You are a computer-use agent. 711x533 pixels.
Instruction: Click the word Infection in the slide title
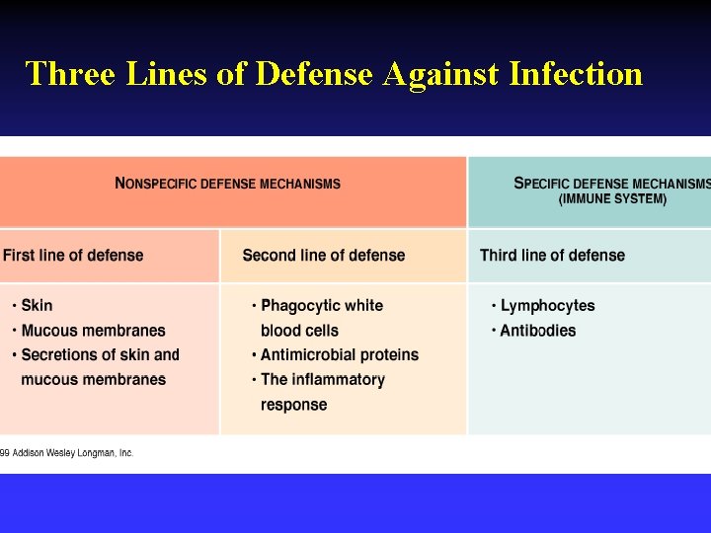pyautogui.click(x=576, y=73)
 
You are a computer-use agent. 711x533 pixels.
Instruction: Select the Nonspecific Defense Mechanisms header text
pyautogui.click(x=228, y=184)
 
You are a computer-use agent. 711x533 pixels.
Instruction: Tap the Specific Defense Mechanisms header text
pyautogui.click(x=611, y=184)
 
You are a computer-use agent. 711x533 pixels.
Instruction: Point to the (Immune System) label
pyautogui.click(x=612, y=199)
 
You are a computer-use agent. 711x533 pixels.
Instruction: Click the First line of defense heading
pyautogui.click(x=73, y=256)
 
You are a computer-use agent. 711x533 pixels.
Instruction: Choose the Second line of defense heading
pyautogui.click(x=324, y=256)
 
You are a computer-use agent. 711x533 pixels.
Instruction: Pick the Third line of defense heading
pyautogui.click(x=552, y=256)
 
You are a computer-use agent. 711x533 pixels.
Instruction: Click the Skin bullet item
pyautogui.click(x=37, y=306)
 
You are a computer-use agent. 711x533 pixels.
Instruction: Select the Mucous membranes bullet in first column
pyautogui.click(x=93, y=331)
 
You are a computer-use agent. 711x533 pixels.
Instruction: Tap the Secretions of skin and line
pyautogui.click(x=100, y=354)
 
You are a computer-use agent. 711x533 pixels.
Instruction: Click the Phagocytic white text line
pyautogui.click(x=321, y=306)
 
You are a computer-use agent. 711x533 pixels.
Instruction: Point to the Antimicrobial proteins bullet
pyautogui.click(x=339, y=354)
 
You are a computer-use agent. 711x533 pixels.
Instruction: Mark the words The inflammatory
pyautogui.click(x=322, y=379)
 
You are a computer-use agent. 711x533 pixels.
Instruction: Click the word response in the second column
pyautogui.click(x=293, y=405)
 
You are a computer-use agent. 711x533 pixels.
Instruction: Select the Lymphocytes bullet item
pyautogui.click(x=547, y=306)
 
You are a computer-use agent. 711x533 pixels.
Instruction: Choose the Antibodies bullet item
pyautogui.click(x=537, y=331)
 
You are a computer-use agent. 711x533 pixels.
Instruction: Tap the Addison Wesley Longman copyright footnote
pyautogui.click(x=67, y=453)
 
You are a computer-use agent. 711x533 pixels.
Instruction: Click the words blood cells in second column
pyautogui.click(x=299, y=331)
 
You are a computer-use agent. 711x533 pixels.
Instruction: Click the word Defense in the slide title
pyautogui.click(x=315, y=73)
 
